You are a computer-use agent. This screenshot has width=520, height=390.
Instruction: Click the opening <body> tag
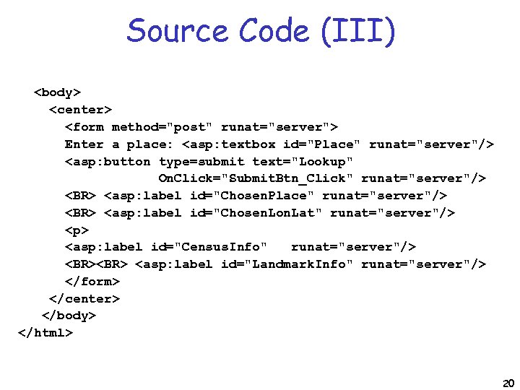58,92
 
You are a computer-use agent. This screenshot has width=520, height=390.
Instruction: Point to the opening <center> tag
80,110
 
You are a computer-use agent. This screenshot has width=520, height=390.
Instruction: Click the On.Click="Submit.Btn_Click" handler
256,178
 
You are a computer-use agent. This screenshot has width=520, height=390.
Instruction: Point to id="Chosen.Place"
252,196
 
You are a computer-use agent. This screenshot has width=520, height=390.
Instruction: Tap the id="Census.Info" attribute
205,247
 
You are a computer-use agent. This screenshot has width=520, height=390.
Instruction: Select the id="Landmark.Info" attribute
287,264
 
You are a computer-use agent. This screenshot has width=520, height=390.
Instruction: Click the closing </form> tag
92,281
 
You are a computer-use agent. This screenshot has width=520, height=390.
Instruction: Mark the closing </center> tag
84,298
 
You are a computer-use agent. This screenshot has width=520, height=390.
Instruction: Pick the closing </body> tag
69,316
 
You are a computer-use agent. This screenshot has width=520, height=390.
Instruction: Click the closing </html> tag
45,333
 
